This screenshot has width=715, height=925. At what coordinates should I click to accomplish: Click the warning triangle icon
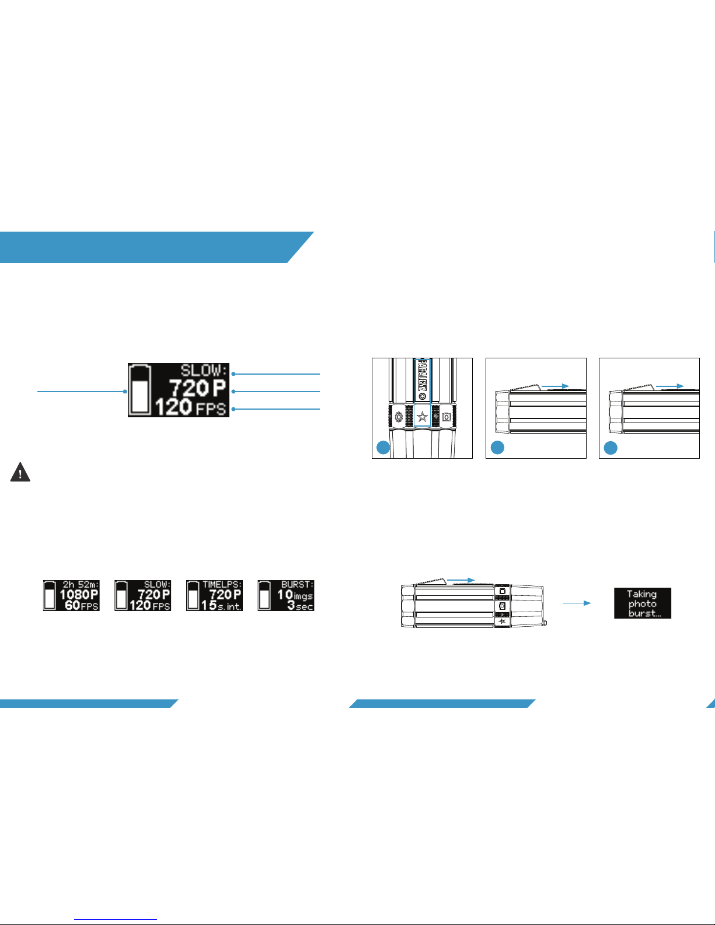tap(20, 472)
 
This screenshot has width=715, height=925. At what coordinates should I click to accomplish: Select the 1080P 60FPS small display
tap(71, 595)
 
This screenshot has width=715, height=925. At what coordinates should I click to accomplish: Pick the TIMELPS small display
tap(214, 595)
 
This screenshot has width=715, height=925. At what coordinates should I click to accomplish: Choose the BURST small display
tap(286, 595)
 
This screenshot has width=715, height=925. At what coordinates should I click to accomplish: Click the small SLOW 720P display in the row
tap(143, 595)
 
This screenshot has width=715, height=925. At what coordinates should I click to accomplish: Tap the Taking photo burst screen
tap(643, 603)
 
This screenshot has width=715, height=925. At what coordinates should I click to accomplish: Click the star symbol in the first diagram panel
tap(423, 417)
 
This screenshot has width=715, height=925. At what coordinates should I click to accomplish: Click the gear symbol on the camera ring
tap(399, 417)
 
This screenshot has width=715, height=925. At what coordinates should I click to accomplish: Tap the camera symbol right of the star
tap(447, 417)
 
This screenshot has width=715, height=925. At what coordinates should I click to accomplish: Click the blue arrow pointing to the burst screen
tap(577, 603)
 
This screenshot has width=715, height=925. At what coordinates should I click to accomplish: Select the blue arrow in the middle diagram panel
tap(555, 386)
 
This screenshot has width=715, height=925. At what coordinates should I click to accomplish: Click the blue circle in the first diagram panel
tap(383, 448)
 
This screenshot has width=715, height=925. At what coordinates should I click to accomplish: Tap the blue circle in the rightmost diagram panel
tap(610, 448)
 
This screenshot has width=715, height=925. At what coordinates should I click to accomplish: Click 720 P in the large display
tap(197, 388)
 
